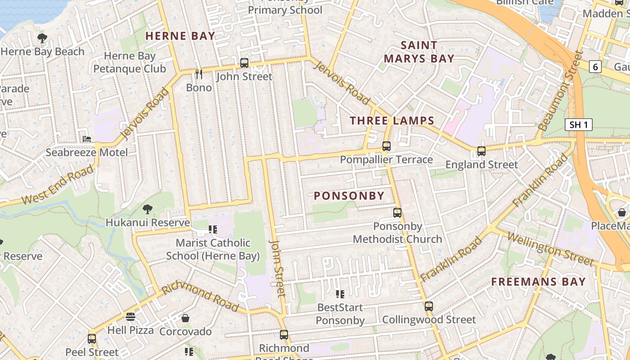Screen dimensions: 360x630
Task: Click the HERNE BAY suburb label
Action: (x=180, y=36)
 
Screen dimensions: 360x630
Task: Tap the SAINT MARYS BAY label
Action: (x=418, y=52)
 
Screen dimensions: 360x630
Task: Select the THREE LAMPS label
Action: (x=392, y=121)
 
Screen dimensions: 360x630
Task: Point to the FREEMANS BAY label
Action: (x=538, y=282)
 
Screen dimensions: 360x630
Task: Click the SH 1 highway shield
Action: (x=578, y=125)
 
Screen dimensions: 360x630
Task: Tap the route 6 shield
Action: (x=595, y=67)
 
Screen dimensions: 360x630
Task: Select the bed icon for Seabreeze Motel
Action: (x=87, y=139)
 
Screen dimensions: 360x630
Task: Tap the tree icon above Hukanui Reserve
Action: (x=147, y=209)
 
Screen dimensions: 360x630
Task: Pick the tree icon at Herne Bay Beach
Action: (x=42, y=38)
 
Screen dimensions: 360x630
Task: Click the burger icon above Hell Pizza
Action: (x=130, y=317)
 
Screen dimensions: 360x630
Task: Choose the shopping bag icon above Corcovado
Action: (x=185, y=319)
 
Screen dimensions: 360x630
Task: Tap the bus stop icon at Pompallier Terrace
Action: (x=386, y=146)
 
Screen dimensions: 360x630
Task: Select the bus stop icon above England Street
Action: (x=481, y=151)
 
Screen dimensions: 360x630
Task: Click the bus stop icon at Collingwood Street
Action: (x=429, y=306)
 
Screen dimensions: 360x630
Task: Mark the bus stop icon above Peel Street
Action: (x=92, y=338)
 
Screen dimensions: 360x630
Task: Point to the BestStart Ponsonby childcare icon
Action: (x=340, y=294)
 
